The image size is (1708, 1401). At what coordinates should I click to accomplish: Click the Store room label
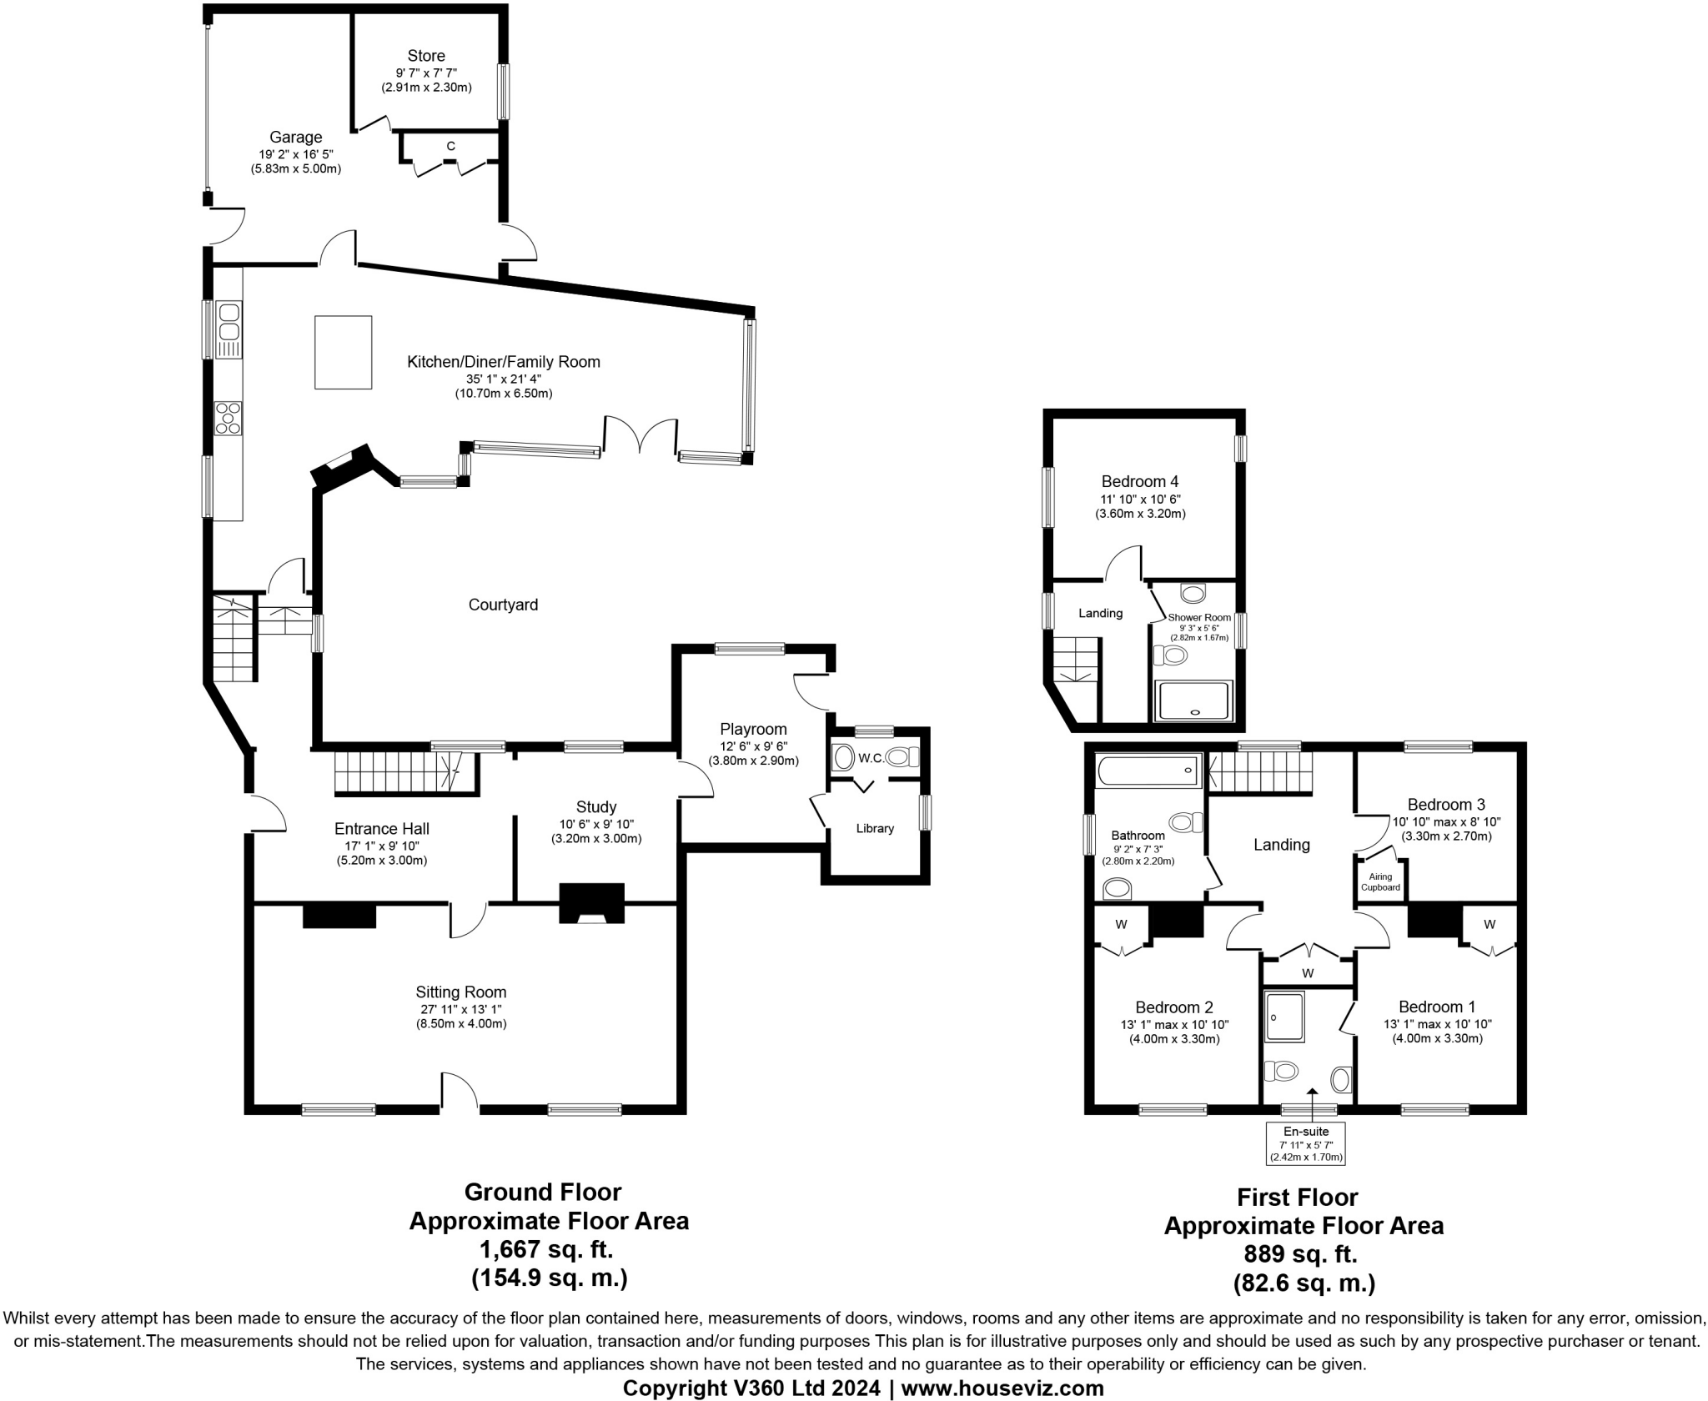click(426, 56)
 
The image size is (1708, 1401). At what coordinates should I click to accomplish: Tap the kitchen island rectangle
click(343, 352)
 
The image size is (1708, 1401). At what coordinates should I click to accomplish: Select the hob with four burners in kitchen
click(228, 418)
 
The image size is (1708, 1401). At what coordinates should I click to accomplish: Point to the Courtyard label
click(503, 605)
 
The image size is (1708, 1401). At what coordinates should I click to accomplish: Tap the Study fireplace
click(591, 903)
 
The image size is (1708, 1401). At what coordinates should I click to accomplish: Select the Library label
click(875, 828)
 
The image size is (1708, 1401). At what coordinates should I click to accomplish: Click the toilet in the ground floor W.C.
click(901, 757)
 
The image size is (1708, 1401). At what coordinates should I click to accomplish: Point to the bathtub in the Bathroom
click(1148, 770)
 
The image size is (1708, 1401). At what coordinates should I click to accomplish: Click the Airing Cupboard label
click(1380, 881)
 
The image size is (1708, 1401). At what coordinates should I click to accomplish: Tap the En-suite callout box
click(1306, 1143)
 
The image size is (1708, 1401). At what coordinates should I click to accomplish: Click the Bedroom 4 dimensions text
click(1140, 506)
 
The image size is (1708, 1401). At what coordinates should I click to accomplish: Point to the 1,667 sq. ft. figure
click(546, 1249)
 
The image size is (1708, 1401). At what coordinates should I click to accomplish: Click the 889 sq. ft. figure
click(1301, 1253)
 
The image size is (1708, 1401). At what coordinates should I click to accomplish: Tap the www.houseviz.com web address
click(1002, 1388)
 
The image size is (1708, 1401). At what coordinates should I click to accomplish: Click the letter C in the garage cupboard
click(450, 146)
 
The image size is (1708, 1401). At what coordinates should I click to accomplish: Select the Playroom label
click(753, 729)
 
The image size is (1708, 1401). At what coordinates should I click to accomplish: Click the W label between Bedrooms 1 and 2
click(1308, 973)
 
